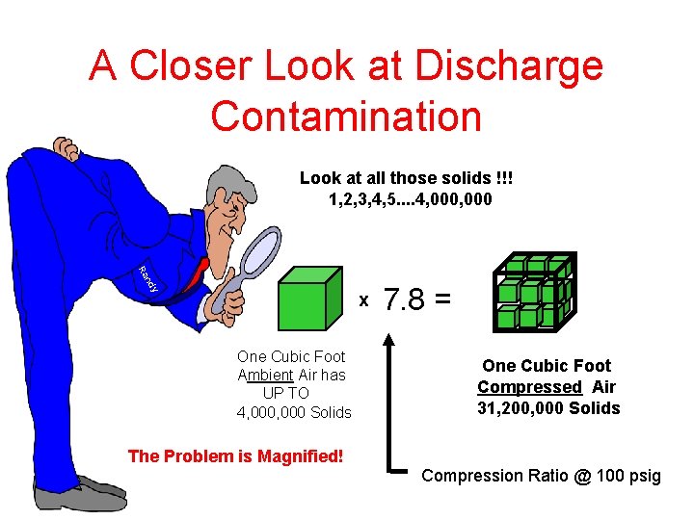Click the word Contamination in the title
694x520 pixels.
pos(346,116)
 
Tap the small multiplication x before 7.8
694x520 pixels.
pos(363,301)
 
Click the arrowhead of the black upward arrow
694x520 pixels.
pos(388,339)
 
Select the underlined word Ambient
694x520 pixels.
pos(265,375)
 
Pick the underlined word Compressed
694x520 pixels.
pos(529,386)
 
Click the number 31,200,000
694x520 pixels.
pos(517,407)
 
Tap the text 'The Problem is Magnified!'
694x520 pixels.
pos(235,455)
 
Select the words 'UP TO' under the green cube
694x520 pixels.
pos(285,393)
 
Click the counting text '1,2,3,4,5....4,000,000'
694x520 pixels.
pos(411,199)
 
